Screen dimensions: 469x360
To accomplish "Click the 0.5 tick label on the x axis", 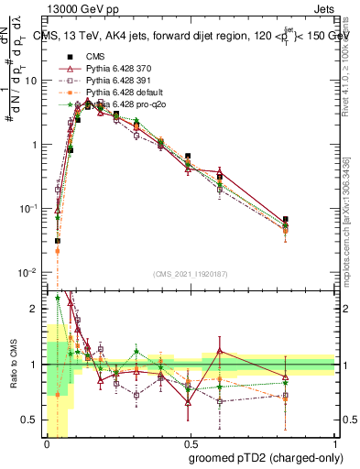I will [191, 444].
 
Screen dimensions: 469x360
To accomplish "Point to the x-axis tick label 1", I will [335, 444].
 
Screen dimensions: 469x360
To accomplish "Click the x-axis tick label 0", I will [47, 444].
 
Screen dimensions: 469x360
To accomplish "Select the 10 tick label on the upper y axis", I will [33, 81].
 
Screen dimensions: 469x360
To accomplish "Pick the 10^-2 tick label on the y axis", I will [29, 273].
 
